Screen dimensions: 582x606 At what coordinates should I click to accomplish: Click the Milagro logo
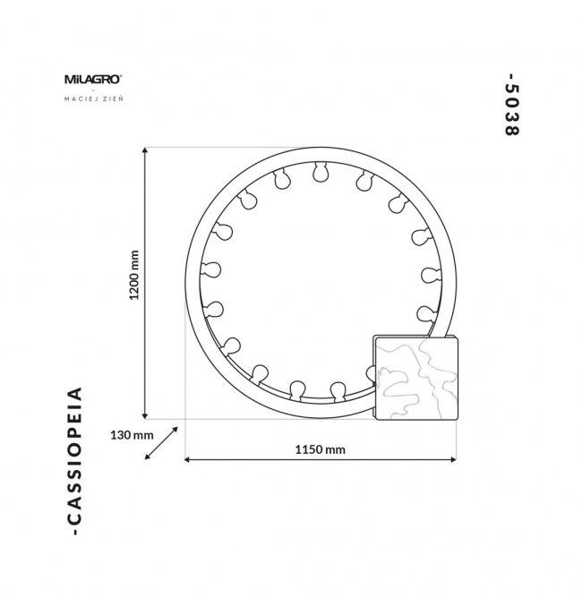click(x=93, y=80)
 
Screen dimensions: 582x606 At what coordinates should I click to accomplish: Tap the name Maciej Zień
click(x=94, y=98)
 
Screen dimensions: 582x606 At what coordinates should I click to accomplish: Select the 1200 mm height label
click(x=134, y=275)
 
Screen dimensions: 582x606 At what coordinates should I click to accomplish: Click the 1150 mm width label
click(x=321, y=449)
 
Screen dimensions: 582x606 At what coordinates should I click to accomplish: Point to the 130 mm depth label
click(x=132, y=435)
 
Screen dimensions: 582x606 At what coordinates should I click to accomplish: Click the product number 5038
click(x=511, y=105)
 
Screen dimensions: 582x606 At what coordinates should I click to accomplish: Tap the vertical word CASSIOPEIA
click(x=74, y=461)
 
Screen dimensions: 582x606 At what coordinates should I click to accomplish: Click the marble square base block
click(x=415, y=378)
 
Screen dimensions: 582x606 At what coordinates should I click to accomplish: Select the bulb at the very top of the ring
click(x=321, y=172)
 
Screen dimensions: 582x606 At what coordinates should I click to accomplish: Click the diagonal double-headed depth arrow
click(x=161, y=443)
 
